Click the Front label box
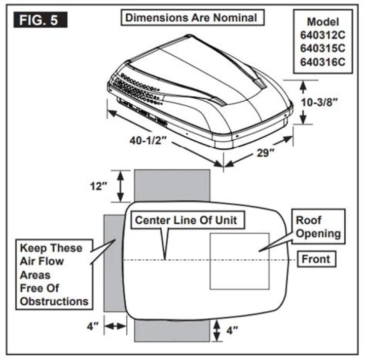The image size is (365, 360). point(316,259)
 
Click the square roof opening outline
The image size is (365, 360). point(239,261)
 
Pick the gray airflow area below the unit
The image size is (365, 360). point(172,332)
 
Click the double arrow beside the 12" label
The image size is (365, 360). point(121,186)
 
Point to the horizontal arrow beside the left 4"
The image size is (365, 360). point(115,327)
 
